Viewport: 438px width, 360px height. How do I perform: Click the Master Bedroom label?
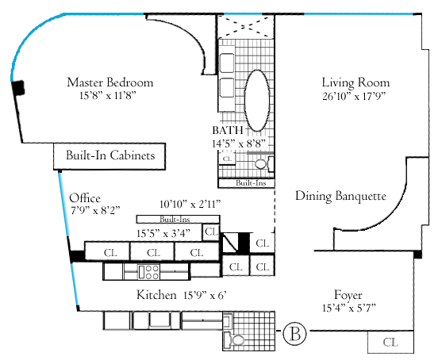click(110, 82)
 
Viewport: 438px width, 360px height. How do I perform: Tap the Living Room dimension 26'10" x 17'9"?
click(354, 96)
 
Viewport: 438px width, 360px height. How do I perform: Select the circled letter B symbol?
click(294, 333)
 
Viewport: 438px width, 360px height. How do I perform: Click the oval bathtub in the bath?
click(257, 101)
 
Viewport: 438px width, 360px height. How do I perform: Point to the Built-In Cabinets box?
click(109, 156)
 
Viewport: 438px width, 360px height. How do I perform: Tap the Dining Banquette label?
click(340, 196)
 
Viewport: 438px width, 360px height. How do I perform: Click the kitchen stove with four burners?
click(148, 272)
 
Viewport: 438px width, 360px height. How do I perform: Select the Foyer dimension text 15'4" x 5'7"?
click(349, 308)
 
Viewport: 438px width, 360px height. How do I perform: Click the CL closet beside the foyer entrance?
click(390, 342)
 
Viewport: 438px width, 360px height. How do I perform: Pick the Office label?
click(85, 198)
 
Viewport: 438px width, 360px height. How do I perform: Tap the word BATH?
click(228, 130)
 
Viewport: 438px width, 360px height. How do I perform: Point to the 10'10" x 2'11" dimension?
click(190, 205)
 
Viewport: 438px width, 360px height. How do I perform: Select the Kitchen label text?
click(156, 295)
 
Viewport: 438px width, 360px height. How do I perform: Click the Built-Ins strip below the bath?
click(246, 183)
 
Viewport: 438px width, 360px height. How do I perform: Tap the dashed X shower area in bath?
click(246, 26)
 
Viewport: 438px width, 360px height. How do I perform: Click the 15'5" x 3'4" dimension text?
click(163, 233)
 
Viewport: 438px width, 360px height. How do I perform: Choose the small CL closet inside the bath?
click(227, 159)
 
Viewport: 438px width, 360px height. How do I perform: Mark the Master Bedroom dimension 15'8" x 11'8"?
click(108, 96)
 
